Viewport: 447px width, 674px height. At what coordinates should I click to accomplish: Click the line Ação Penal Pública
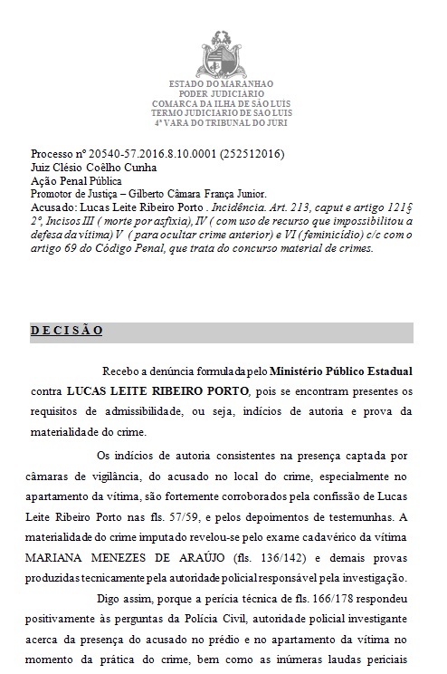click(x=75, y=180)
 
